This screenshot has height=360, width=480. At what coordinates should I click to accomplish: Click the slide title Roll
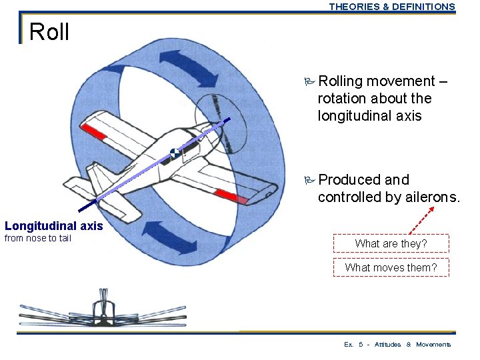[49, 31]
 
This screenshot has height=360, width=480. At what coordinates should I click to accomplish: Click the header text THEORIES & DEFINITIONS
[392, 7]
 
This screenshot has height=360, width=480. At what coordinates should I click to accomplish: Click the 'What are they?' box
[391, 244]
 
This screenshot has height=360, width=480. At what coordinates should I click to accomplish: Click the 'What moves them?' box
[391, 268]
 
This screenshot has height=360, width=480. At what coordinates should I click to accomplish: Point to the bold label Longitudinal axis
[54, 226]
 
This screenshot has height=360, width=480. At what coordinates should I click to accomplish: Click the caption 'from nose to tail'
[38, 238]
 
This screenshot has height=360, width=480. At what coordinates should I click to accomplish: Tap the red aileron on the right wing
[231, 196]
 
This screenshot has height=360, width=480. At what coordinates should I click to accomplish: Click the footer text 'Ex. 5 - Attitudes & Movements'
[397, 345]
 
